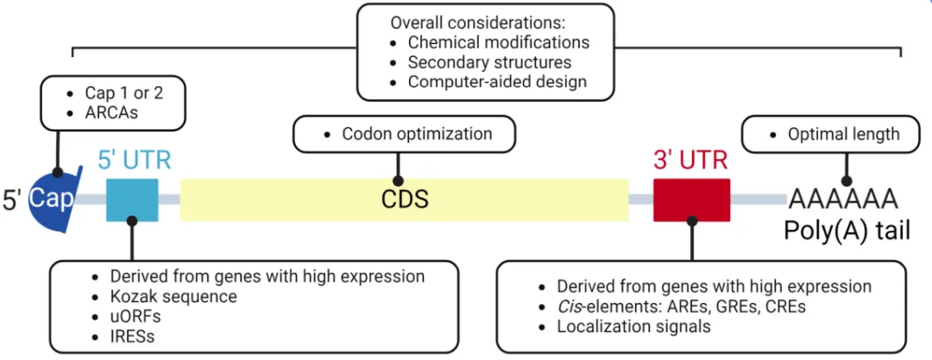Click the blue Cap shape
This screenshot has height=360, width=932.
[x=54, y=199]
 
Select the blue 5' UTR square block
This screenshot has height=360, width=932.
[x=132, y=200]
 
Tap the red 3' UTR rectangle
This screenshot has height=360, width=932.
[x=691, y=200]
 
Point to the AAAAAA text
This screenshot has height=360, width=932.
[x=843, y=200]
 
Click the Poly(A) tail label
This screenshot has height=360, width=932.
[x=847, y=231]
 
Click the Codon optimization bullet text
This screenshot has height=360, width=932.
[x=417, y=134]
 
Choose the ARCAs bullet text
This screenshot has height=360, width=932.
[x=111, y=112]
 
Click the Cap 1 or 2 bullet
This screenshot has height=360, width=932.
[x=124, y=93]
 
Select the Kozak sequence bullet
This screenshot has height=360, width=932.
[x=173, y=296]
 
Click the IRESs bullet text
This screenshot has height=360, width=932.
[x=132, y=336]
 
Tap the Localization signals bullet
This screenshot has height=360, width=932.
[x=633, y=326]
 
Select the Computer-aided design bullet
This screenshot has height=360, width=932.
[x=498, y=81]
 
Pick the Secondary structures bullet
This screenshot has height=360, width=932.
[x=490, y=62]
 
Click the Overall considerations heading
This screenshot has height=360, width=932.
[x=477, y=24]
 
